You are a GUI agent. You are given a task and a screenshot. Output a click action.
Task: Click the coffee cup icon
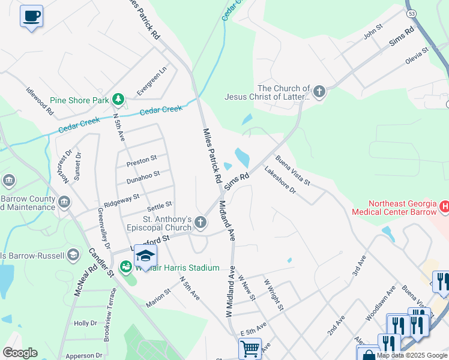tap(31, 16)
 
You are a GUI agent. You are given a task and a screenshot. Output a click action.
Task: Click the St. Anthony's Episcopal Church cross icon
tap(201, 223)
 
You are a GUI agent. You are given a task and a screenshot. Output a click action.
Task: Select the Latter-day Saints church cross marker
tap(319, 92)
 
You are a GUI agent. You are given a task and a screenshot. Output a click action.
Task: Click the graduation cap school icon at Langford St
tap(145, 256)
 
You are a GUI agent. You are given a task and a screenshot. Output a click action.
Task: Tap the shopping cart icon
tap(249, 347)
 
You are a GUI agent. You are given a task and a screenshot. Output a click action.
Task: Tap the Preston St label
tap(141, 160)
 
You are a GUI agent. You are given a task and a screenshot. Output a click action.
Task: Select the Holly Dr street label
tap(81, 323)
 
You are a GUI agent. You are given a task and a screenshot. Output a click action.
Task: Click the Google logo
tap(20, 353)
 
